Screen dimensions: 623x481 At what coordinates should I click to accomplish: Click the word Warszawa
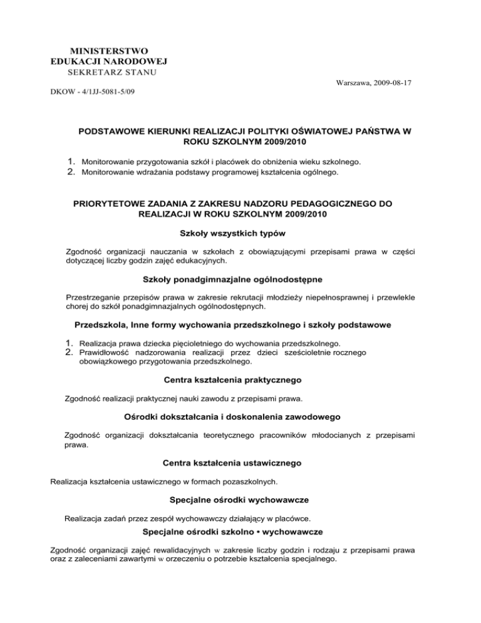click(345, 83)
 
